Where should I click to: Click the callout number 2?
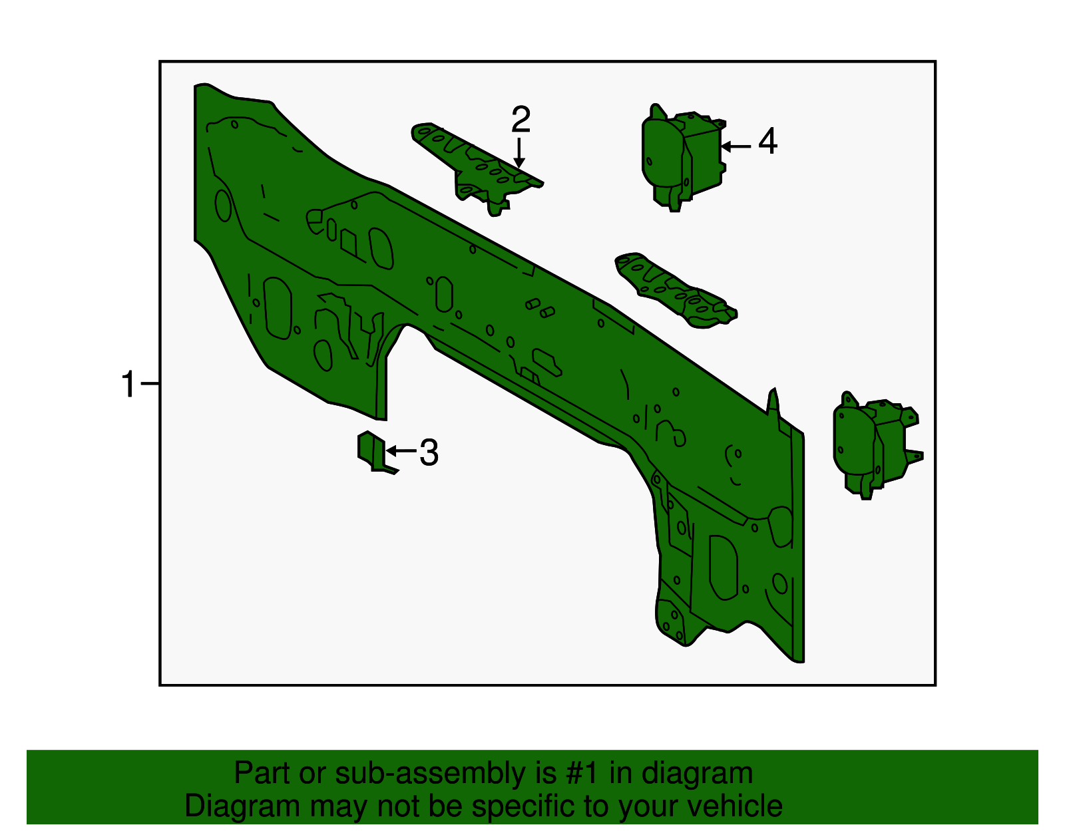tap(521, 119)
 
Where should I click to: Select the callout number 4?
tap(767, 141)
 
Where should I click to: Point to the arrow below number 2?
tap(519, 152)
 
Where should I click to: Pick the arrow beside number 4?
tap(736, 146)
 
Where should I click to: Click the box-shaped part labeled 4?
tap(683, 157)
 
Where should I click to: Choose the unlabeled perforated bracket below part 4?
tap(676, 290)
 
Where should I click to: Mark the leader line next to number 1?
tap(150, 383)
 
